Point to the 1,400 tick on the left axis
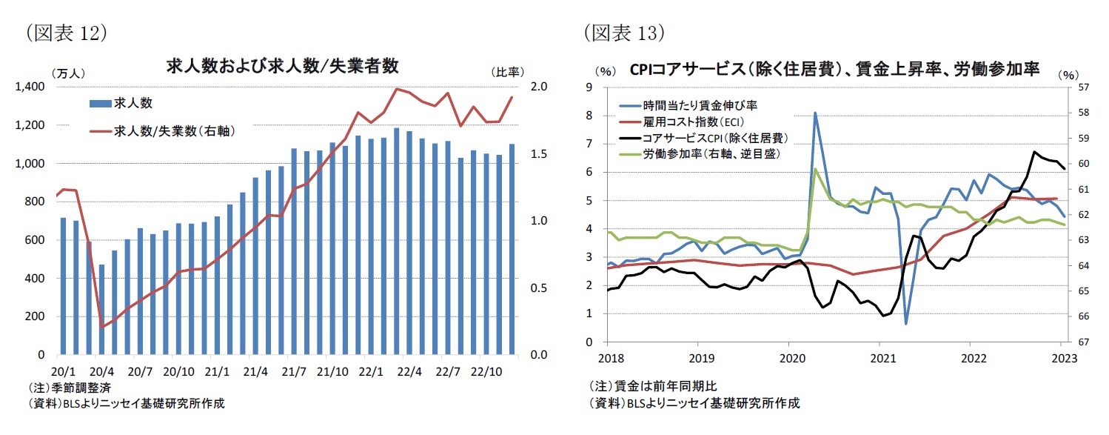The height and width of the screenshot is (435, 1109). [x=30, y=87]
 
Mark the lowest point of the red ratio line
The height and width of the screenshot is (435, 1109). [x=102, y=327]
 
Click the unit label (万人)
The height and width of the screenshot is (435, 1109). [x=67, y=73]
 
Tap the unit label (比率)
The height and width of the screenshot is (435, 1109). [x=508, y=73]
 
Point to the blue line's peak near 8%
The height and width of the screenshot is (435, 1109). [x=815, y=113]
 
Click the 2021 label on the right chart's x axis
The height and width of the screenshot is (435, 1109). [x=880, y=358]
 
